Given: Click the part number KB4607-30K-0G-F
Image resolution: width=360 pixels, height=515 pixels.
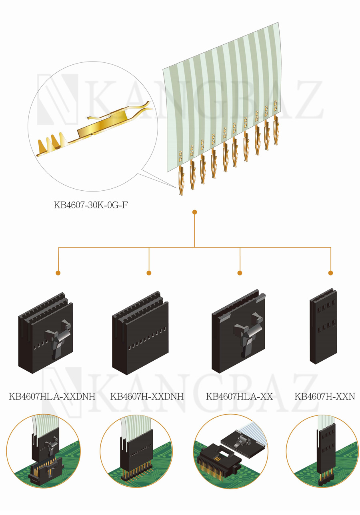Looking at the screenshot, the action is click(x=90, y=205).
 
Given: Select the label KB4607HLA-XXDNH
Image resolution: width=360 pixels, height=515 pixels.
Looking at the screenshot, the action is click(x=52, y=396).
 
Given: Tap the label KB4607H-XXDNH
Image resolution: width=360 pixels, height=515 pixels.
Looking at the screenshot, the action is click(x=147, y=396).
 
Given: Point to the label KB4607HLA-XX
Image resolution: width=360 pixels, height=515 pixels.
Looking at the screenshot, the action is click(x=239, y=396).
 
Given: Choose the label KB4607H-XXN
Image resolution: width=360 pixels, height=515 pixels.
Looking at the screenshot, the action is click(x=325, y=396).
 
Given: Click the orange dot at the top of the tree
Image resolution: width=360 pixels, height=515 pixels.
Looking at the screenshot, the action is click(x=195, y=212).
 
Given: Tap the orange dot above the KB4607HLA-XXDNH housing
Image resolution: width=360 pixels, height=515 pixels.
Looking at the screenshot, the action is click(x=58, y=273).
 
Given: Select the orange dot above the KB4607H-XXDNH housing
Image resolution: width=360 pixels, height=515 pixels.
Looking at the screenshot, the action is click(x=149, y=273).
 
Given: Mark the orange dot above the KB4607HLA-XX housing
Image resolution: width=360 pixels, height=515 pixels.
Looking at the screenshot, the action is click(x=240, y=273).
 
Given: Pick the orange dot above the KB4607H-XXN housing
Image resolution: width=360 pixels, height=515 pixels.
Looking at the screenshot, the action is click(x=330, y=273).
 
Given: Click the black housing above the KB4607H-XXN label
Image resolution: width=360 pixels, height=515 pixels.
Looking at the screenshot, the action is click(x=323, y=326).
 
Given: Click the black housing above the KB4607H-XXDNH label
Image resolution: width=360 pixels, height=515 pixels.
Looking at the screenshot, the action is click(x=140, y=333).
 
